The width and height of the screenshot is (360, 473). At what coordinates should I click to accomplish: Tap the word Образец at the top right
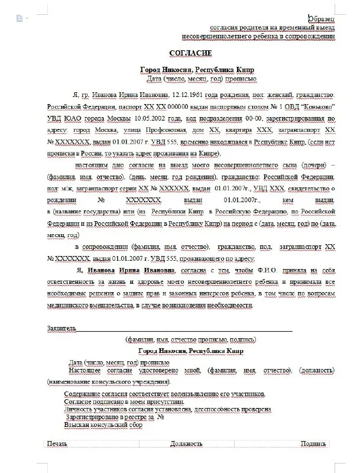[322, 19]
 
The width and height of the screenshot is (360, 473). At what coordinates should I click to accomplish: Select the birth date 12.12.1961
[188, 95]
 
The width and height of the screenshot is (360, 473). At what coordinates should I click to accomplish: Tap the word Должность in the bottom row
[187, 443]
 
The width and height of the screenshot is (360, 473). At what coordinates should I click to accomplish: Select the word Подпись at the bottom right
[313, 443]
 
